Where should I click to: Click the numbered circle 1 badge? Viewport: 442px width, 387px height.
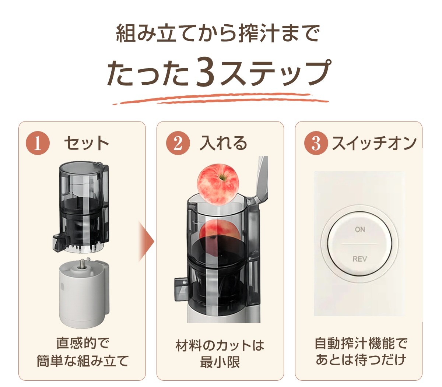pos(38,143)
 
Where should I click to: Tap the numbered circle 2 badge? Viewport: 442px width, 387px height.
pos(178,143)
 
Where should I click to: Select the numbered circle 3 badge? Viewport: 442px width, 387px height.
pos(316,143)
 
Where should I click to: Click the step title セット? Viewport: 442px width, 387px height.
pos(87,143)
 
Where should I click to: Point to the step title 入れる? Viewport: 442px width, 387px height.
pos(223,143)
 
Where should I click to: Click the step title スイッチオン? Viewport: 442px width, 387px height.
pos(374,143)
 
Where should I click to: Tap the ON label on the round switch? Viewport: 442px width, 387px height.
pos(360,229)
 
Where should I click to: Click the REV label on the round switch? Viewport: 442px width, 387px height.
pos(360,259)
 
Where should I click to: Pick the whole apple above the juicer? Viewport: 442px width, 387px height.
pos(218,184)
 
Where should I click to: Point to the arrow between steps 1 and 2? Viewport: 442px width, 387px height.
pos(146,241)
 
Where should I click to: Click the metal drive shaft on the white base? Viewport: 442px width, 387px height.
pos(82,264)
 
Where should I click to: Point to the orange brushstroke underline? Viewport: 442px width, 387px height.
pos(221,99)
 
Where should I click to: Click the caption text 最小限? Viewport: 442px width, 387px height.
pos(220,362)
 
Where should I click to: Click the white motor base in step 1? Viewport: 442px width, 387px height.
pos(84,294)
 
